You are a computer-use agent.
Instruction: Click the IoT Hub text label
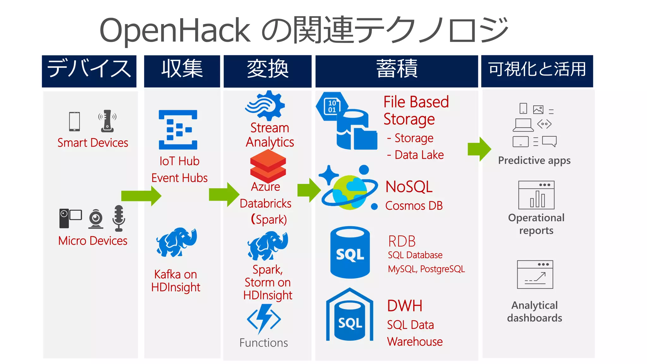[x=179, y=161]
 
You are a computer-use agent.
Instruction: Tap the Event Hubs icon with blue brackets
[x=178, y=130]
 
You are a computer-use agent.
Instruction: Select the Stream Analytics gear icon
[x=265, y=106]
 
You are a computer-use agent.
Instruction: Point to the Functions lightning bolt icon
[x=264, y=319]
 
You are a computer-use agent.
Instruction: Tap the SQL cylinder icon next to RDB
[x=350, y=252]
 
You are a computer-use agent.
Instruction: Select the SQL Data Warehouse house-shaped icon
[x=350, y=316]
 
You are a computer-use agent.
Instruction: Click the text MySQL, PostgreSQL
[x=426, y=269]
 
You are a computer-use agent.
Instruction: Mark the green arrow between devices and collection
[x=141, y=196]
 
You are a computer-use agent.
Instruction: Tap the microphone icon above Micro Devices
[x=118, y=218]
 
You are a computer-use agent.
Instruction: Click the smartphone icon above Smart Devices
[x=75, y=121]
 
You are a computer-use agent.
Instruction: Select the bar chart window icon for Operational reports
[x=536, y=195]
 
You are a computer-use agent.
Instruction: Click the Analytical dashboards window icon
[x=535, y=274]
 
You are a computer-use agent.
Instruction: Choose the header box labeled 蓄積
[x=396, y=71]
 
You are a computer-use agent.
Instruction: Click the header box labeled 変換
[x=267, y=71]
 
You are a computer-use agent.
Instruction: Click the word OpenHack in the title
[x=175, y=30]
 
